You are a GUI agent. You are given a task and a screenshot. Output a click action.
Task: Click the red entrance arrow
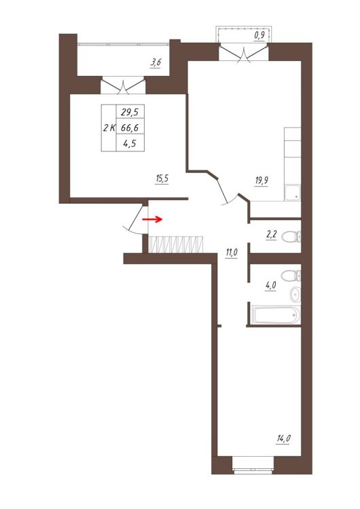[x=152, y=219]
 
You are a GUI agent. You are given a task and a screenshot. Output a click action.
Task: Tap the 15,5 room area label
[x=162, y=179]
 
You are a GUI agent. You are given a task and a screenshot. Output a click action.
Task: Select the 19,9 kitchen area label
[x=262, y=181]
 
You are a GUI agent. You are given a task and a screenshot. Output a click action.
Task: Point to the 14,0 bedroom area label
[x=284, y=439]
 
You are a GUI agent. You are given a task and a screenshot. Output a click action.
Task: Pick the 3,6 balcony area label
[x=156, y=62]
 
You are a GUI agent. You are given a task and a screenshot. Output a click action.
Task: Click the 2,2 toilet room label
[x=271, y=234]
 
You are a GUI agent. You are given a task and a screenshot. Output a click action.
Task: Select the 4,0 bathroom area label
[x=270, y=285]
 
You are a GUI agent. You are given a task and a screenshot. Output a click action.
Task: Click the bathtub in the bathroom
[x=277, y=315]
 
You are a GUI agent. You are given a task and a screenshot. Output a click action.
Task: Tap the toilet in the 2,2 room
[x=291, y=236]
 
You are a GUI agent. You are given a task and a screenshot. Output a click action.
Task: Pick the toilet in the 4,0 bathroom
[x=291, y=276]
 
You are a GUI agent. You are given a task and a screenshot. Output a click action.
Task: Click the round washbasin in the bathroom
[x=295, y=295]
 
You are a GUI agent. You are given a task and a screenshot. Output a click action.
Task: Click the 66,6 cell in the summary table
[x=130, y=128]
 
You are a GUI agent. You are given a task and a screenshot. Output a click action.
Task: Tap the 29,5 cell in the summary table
[x=130, y=112]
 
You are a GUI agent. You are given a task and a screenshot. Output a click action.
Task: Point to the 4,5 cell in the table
[x=129, y=143]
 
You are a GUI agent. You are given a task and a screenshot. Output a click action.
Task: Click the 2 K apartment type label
[x=109, y=128]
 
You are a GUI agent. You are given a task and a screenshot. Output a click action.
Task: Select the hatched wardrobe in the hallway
[x=176, y=244]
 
